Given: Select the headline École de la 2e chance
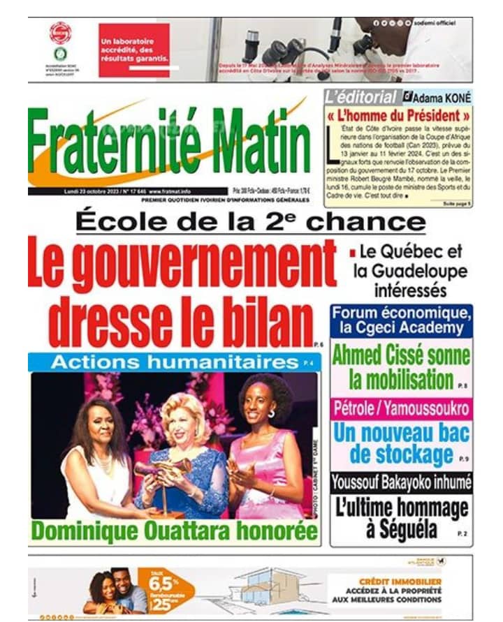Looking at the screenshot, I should click(250, 221).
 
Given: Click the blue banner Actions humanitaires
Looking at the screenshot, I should click(164, 362).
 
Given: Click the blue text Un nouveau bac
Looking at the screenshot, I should click(401, 433).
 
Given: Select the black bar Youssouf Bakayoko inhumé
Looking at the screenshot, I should click(401, 481).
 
